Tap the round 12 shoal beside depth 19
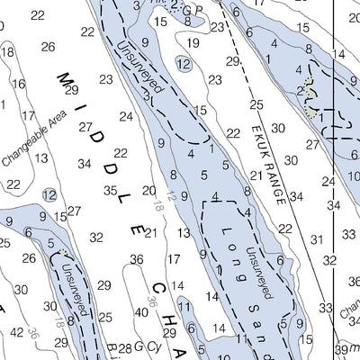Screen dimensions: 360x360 point(183,64)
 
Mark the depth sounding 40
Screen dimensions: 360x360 point(141,311)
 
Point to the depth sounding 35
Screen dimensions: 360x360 point(110,190)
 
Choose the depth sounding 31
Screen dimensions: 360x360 point(315,240)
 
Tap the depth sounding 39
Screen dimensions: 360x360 point(340,348)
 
